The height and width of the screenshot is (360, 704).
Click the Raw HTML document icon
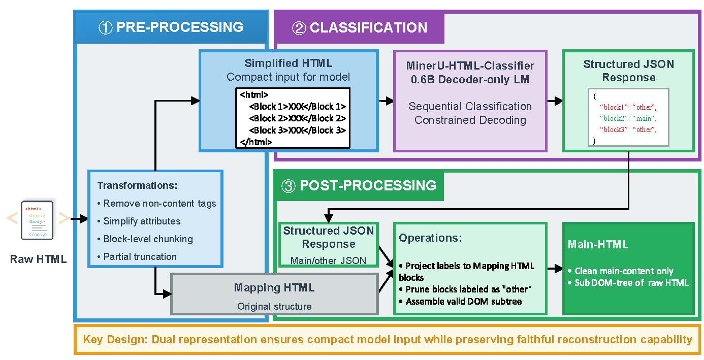38,220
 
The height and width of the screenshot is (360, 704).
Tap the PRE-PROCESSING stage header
171,27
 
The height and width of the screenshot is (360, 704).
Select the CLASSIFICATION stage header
360,27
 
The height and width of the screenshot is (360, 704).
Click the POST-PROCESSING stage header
359,185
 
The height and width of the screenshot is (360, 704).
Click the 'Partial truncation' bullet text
140,256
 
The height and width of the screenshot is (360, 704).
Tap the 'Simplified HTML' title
288,63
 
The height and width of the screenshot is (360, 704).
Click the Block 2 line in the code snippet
297,118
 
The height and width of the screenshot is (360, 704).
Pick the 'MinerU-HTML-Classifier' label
470,66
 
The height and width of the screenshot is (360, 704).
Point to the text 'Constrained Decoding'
470,120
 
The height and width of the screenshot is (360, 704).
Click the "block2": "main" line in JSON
628,118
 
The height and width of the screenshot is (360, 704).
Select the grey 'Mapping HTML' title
274,288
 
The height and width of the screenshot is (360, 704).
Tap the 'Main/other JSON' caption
328,260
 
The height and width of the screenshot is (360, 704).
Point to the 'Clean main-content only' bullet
624,271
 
